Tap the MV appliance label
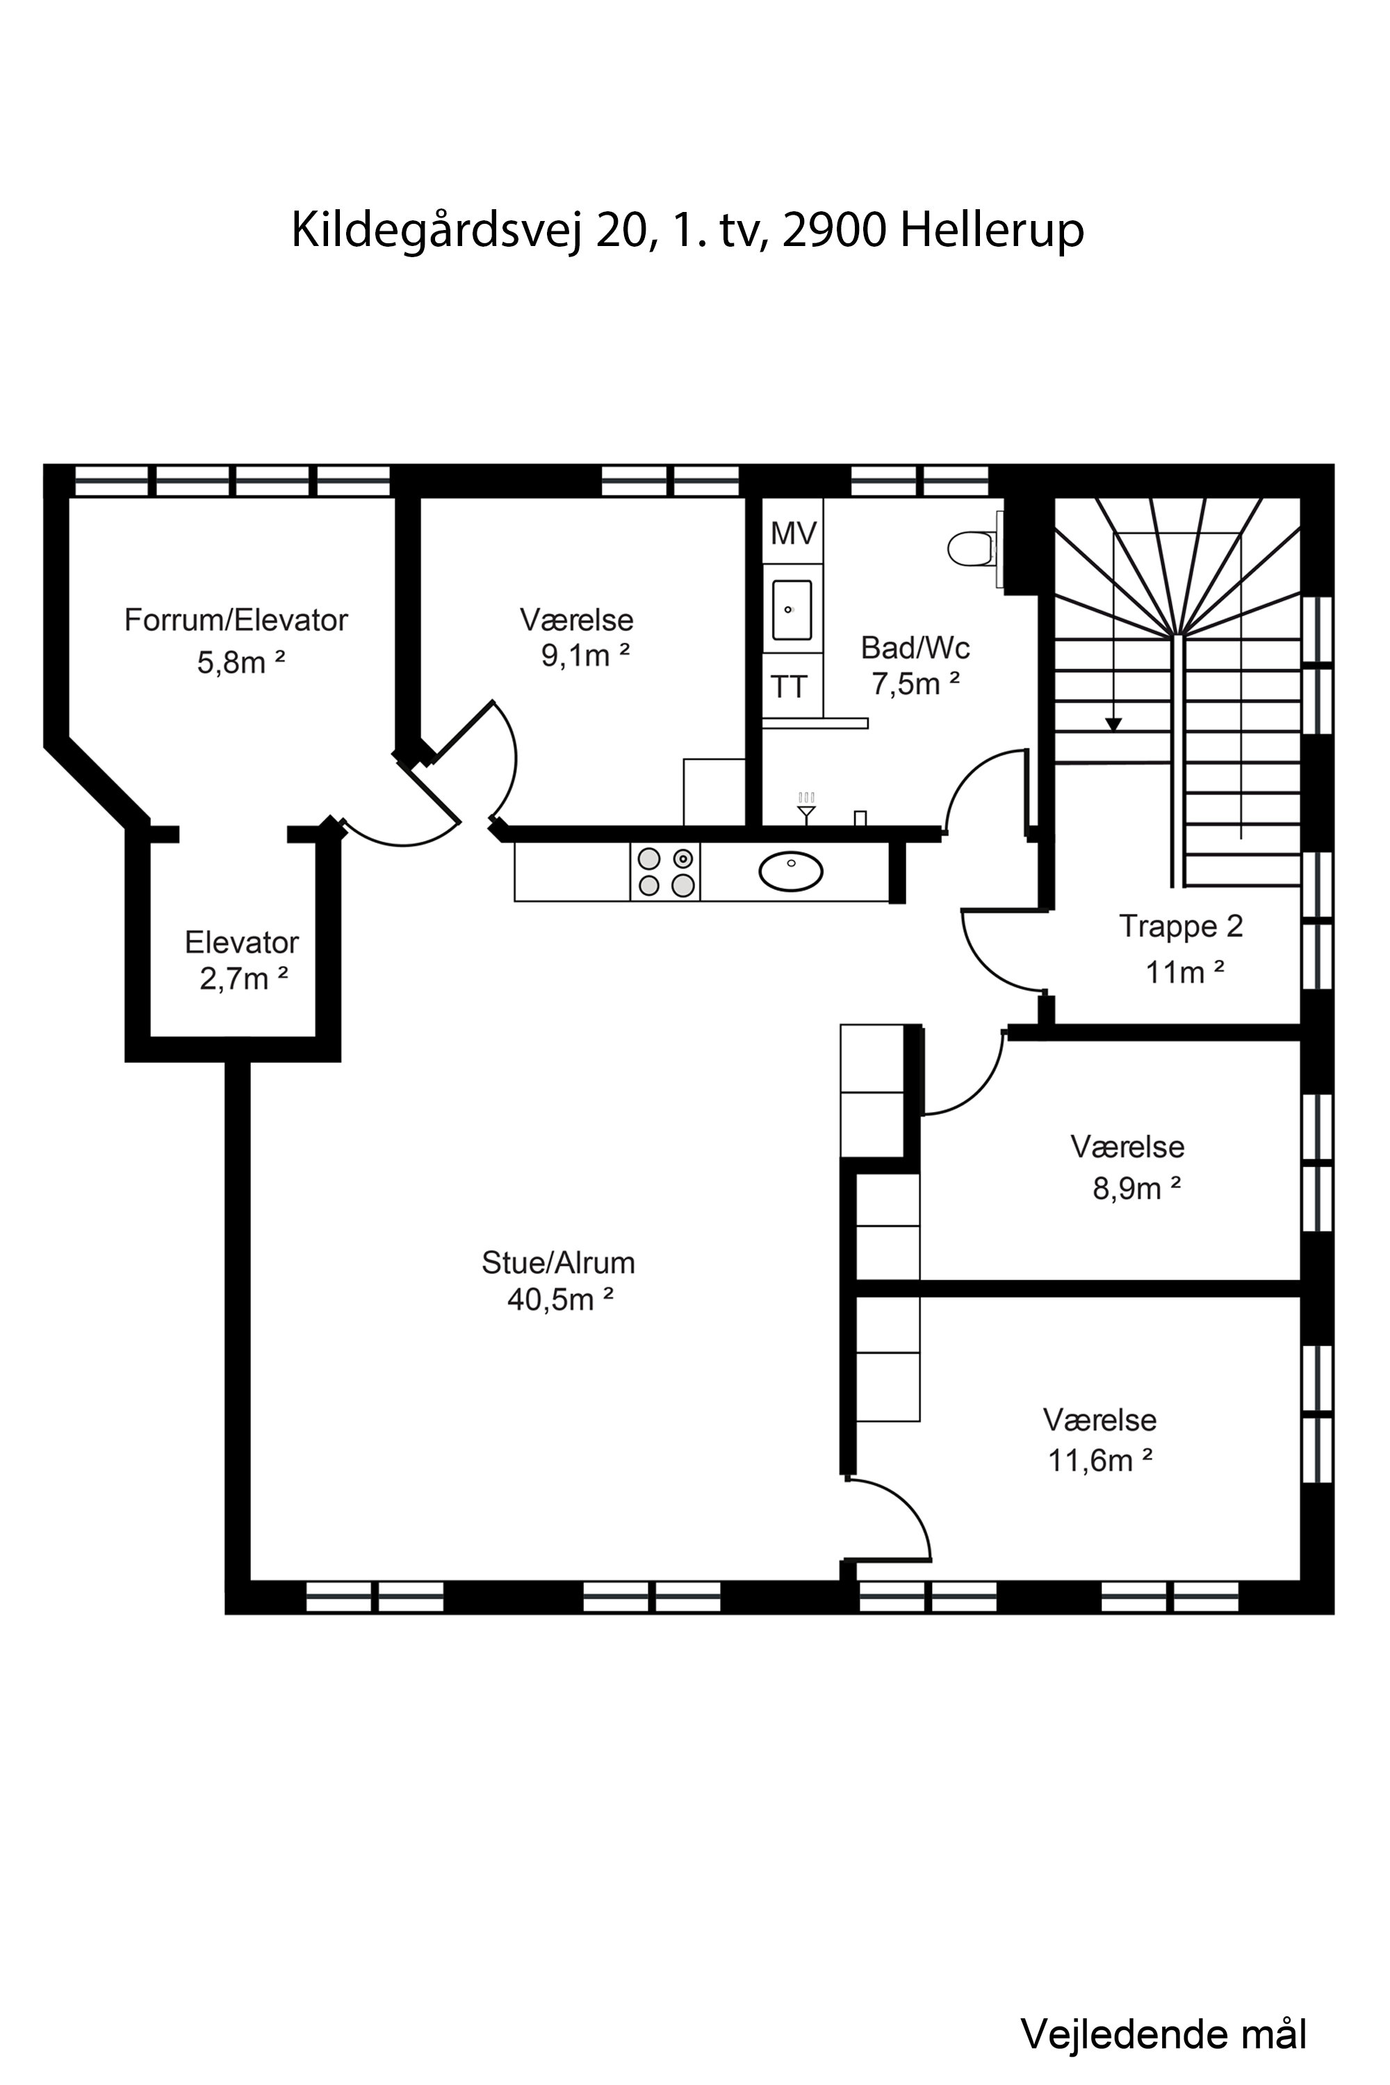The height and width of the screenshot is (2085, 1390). (x=794, y=533)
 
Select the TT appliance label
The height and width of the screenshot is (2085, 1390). (x=789, y=687)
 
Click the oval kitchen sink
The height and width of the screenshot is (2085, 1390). (x=791, y=872)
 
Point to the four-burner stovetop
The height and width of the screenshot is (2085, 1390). (x=666, y=872)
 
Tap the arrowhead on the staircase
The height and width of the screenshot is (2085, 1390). (x=1113, y=724)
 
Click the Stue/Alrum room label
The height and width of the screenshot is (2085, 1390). (x=559, y=1262)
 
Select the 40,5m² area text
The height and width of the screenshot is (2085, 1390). (x=560, y=1300)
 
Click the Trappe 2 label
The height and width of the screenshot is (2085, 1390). (x=1181, y=926)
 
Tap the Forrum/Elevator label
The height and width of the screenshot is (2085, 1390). (x=236, y=620)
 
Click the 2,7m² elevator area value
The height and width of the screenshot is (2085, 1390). (x=244, y=979)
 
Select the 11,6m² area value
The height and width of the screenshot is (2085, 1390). (x=1100, y=1460)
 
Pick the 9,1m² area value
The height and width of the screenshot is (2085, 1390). (x=585, y=655)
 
